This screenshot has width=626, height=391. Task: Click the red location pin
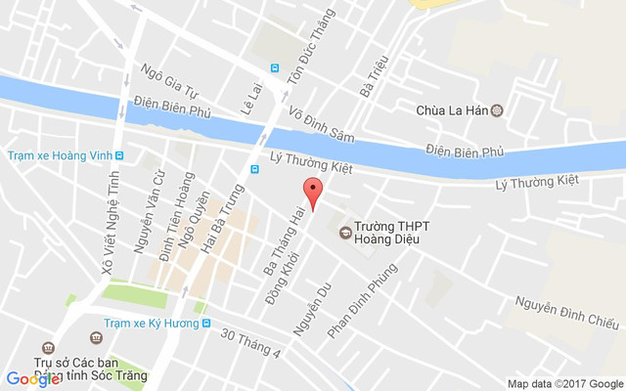pos(312,193)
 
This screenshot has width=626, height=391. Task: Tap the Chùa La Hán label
pos(452,110)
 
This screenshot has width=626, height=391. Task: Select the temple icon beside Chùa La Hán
pos(496,110)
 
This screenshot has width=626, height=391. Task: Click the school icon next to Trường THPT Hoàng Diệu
pos(344,232)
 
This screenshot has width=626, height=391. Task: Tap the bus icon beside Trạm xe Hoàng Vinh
pos(119,155)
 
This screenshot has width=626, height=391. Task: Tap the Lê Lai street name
pos(247,99)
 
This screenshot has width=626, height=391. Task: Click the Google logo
pos(32,378)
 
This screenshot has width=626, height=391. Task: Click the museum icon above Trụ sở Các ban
pos(96,337)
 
